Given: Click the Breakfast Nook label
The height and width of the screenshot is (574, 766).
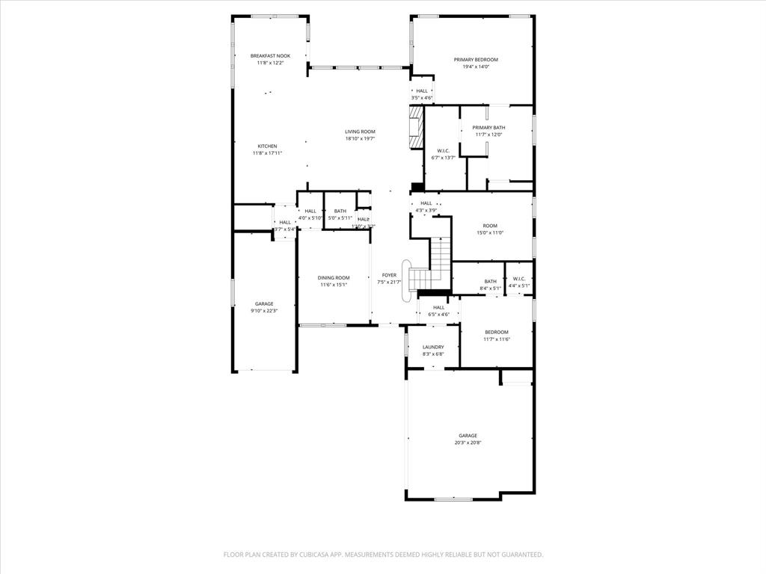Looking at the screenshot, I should [270, 56].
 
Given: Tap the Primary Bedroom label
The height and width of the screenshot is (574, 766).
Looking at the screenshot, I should [476, 60].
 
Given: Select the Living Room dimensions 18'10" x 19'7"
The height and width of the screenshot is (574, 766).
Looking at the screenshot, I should [360, 138].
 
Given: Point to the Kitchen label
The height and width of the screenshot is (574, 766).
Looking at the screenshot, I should [267, 146].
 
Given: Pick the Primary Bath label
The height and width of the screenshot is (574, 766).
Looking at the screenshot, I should [488, 128].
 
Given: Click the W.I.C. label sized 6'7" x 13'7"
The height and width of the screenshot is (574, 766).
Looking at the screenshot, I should [443, 151].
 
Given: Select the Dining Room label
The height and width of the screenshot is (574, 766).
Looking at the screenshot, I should [333, 277].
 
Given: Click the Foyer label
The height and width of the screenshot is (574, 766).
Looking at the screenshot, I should [389, 275].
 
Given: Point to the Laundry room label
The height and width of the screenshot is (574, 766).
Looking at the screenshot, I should [433, 347].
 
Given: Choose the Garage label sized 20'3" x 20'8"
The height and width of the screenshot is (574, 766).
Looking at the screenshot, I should [468, 436].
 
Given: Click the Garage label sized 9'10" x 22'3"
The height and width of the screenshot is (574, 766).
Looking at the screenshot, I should [264, 303].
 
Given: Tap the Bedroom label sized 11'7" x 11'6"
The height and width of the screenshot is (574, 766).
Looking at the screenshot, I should [496, 332].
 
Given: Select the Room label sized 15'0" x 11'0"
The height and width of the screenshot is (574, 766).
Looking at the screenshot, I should [490, 226].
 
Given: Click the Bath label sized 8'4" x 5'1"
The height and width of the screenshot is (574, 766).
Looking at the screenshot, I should [490, 281].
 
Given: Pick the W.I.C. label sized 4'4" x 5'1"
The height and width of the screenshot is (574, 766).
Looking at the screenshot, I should [519, 279].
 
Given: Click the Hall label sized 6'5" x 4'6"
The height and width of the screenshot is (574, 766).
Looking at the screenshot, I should [438, 307].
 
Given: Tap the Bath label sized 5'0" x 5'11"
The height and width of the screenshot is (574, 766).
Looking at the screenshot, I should [340, 211].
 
